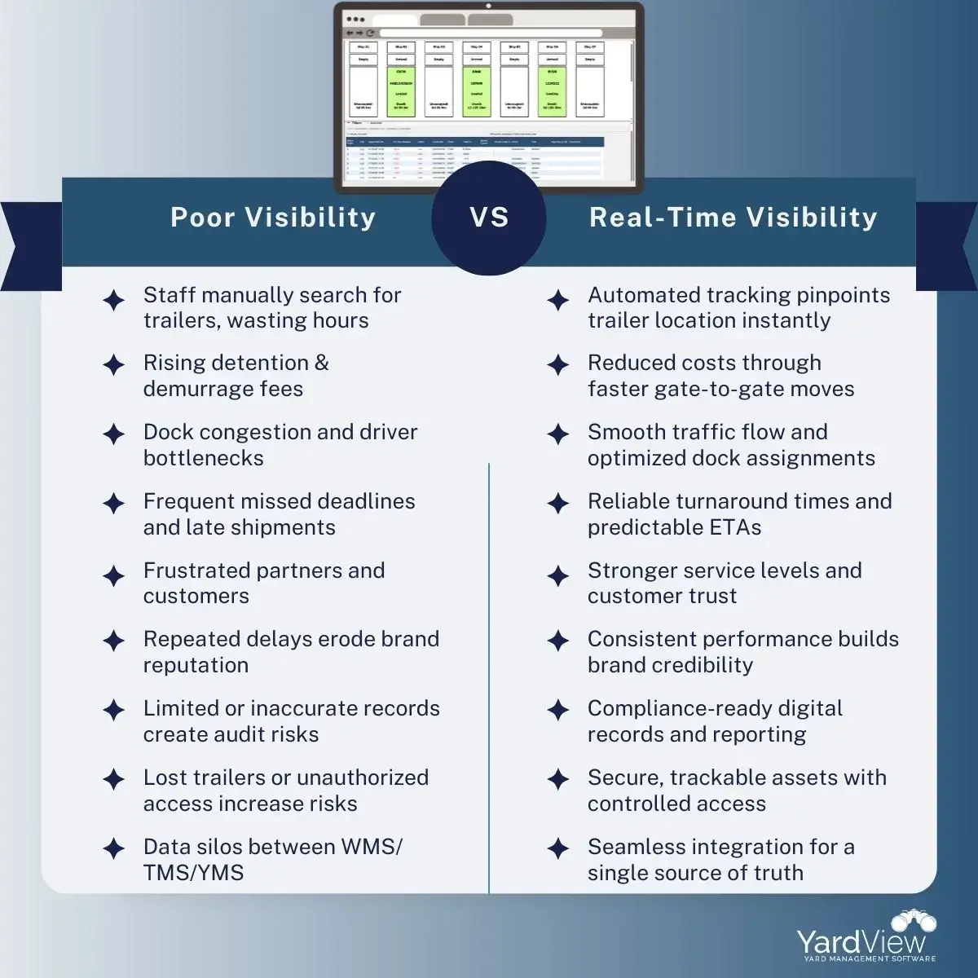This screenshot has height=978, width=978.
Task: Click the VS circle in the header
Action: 488,217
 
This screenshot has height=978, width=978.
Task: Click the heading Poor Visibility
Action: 273,217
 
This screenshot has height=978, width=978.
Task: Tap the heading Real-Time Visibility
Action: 733,217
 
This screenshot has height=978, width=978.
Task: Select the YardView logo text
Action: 861,942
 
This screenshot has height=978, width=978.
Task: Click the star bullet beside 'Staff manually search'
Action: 114,300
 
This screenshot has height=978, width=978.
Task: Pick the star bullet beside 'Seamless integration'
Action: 558,848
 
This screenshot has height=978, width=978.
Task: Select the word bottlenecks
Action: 203,458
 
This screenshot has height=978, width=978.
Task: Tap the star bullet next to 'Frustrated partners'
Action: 114,576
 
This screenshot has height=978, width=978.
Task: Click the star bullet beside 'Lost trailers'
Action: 114,779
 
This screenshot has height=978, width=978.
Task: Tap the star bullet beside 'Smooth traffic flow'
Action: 558,434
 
